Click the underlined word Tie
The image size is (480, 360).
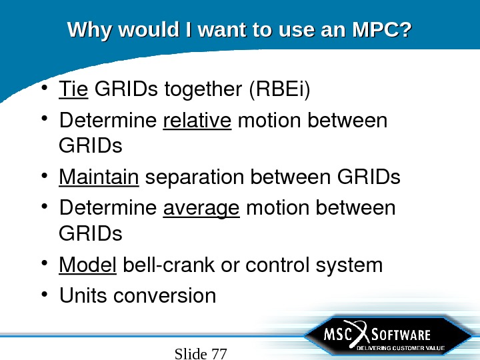tap(73, 89)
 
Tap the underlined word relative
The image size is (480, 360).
tap(197, 121)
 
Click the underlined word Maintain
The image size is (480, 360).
tap(99, 178)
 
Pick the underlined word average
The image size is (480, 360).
tap(201, 209)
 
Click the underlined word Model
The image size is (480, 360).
tap(87, 265)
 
